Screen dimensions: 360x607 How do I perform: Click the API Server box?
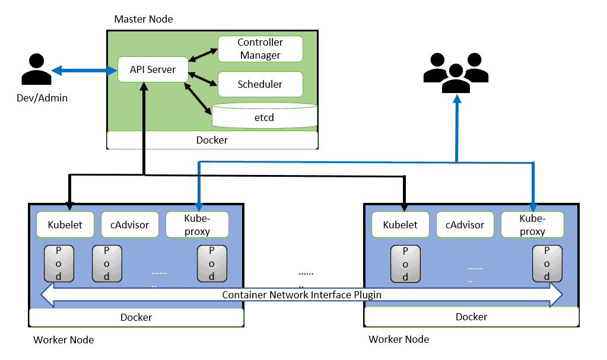153,70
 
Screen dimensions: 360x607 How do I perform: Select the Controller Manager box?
260,49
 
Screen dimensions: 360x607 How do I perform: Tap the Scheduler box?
260,84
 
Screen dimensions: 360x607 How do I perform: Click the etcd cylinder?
265,116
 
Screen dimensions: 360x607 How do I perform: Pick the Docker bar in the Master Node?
212,141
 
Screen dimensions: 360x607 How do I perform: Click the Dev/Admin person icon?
36,70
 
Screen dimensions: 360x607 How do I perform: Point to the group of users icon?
455,73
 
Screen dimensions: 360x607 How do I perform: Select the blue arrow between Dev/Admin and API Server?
84,71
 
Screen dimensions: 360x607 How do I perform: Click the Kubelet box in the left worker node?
65,225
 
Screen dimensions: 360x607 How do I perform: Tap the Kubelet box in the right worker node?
400,225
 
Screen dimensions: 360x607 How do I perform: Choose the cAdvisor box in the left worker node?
129,225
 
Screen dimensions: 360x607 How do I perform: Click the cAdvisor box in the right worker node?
465,225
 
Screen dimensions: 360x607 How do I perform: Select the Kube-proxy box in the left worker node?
196,225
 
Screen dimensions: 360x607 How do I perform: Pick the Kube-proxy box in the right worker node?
532,225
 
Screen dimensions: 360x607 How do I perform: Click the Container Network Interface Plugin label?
301,295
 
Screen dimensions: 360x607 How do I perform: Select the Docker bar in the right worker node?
471,317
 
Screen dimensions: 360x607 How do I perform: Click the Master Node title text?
144,19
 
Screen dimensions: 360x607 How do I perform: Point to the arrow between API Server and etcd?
198,97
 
